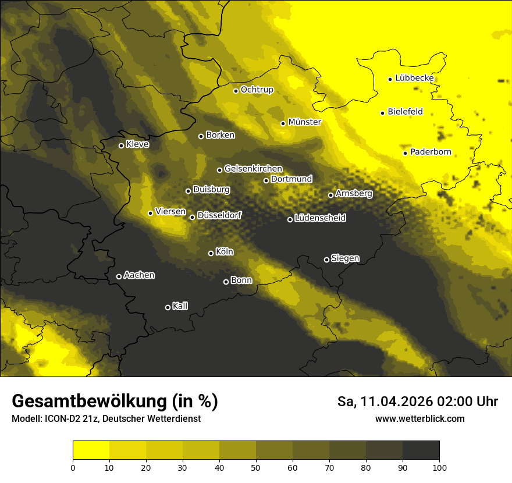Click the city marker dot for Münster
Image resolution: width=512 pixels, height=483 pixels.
(x=283, y=123)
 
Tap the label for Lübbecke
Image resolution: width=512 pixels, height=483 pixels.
(x=414, y=78)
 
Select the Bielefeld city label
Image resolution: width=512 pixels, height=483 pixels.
(x=405, y=111)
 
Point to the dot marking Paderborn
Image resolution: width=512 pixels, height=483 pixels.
(x=406, y=153)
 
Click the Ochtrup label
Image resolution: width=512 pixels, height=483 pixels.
(x=257, y=90)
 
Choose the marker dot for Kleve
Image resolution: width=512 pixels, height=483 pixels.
(x=121, y=145)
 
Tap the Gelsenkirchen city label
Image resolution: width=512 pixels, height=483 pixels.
(x=253, y=169)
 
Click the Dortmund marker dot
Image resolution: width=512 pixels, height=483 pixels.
(x=266, y=180)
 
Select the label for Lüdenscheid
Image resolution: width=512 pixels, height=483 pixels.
(x=320, y=218)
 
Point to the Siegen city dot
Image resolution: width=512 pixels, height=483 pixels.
(x=326, y=260)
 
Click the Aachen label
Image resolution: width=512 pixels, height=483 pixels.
(x=139, y=275)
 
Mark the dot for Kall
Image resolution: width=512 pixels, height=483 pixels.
(x=168, y=307)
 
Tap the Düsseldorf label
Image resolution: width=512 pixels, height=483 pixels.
(x=219, y=215)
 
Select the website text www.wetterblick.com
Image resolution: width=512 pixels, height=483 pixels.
(x=419, y=419)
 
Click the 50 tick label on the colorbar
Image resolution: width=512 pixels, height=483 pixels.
(x=256, y=467)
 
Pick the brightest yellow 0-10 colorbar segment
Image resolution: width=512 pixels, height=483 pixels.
(x=91, y=450)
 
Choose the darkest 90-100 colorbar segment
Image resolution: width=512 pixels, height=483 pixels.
(x=421, y=450)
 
